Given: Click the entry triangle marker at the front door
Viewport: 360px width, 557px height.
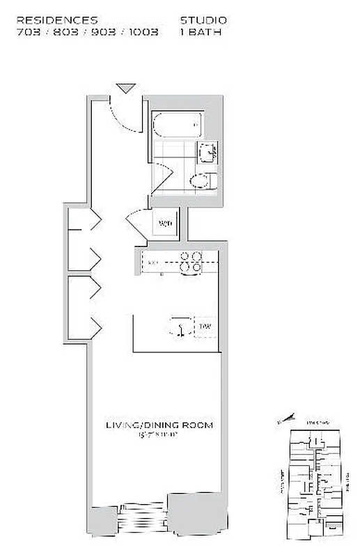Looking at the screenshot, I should [126, 88].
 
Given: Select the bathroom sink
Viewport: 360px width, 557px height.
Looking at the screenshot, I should [207, 151].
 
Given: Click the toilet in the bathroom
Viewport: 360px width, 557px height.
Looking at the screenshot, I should [203, 182].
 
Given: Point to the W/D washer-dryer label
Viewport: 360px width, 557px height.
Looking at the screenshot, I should [165, 223].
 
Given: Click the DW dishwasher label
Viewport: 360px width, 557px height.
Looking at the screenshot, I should [205, 326].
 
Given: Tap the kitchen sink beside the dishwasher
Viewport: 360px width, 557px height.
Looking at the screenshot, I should [179, 327].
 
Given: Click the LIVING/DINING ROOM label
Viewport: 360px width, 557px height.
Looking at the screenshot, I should [159, 425].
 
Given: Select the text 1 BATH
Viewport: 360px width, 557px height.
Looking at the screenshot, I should [201, 32].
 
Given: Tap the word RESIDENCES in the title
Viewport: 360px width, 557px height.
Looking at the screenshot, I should [57, 21].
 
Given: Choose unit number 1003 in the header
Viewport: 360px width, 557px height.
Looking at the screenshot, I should [143, 32].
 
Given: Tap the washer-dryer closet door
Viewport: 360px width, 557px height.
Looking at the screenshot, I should [137, 224].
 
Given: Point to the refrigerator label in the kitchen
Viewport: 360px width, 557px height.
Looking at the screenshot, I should [153, 262].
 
